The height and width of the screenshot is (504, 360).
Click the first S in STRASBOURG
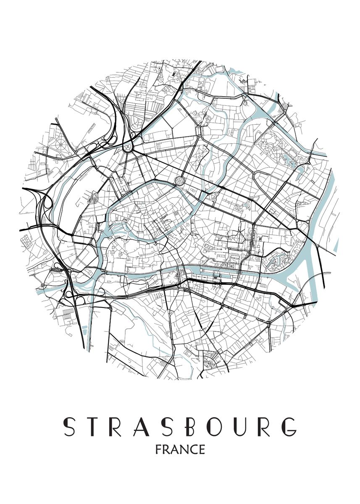(68, 427)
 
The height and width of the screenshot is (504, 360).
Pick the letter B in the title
(191, 427)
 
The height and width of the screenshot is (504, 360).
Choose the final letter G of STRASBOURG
(289, 427)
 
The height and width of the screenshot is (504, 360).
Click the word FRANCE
(180, 450)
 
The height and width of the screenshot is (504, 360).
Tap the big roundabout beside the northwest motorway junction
(127, 147)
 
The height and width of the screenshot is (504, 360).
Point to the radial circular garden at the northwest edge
(60, 144)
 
